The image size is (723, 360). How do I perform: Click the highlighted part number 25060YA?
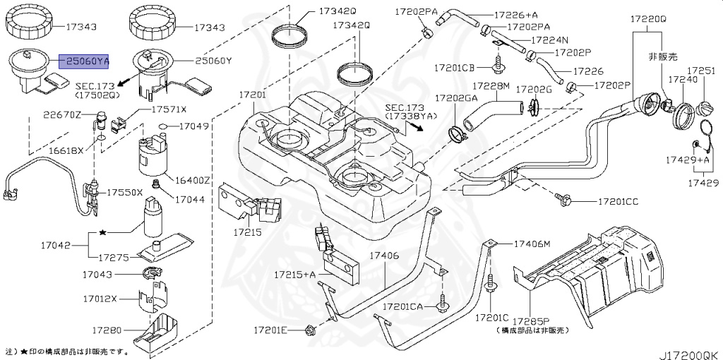[x=83, y=62]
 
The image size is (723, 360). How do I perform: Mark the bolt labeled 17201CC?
[x=565, y=200]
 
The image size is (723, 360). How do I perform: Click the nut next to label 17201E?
[x=309, y=330]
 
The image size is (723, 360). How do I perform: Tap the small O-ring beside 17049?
[x=163, y=128]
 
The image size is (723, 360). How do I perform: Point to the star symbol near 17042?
[x=103, y=231]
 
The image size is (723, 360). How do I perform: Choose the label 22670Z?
[x=64, y=114]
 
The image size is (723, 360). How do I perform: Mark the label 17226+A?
[x=516, y=14]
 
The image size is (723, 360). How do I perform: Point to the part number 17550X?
[x=125, y=192]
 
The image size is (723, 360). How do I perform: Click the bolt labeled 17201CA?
[x=443, y=304]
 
